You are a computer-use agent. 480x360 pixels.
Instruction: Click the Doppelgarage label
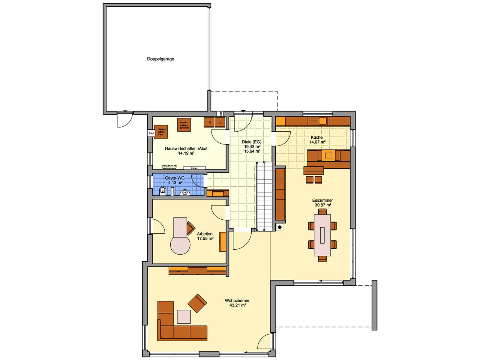coord(160,59)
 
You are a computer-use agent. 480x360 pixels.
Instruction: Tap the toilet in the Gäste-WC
coord(163,190)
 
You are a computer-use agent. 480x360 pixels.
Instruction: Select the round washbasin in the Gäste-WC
coord(185,193)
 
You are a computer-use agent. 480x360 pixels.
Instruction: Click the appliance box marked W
coord(209,122)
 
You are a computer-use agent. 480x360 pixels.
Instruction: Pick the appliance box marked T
coord(220,123)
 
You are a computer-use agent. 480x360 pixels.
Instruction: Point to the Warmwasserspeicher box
coord(184,124)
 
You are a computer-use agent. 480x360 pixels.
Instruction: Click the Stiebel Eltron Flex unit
coord(161,132)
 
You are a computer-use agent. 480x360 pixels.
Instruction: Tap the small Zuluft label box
coord(151,133)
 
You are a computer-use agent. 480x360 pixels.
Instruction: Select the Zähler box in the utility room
coord(194,168)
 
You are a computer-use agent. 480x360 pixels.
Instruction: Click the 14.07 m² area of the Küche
coord(317,142)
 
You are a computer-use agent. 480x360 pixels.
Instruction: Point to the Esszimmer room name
coord(322,200)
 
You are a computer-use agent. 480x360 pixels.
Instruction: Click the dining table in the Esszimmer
coord(322,235)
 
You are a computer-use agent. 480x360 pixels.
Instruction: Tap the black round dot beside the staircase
coord(280,227)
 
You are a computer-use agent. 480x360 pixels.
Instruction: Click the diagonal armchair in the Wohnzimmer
coord(197,303)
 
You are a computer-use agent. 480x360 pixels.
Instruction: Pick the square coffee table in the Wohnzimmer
coord(184,316)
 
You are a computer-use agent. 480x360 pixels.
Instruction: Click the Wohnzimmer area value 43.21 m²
coord(237,305)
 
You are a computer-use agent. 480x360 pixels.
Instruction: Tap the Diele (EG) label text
coord(252,142)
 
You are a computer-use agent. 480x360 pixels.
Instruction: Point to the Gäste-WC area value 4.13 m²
coord(175,183)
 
